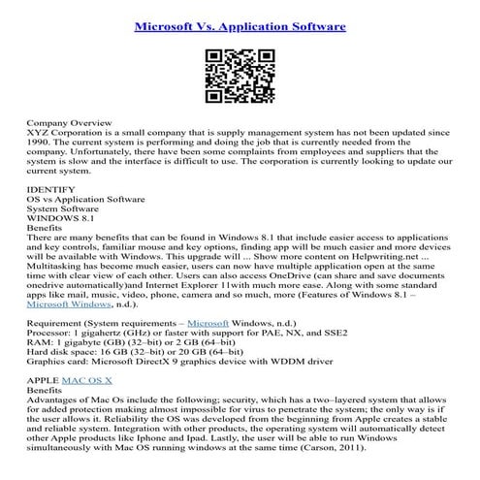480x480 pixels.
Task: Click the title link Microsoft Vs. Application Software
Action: click(239, 27)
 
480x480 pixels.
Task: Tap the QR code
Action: click(239, 79)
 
